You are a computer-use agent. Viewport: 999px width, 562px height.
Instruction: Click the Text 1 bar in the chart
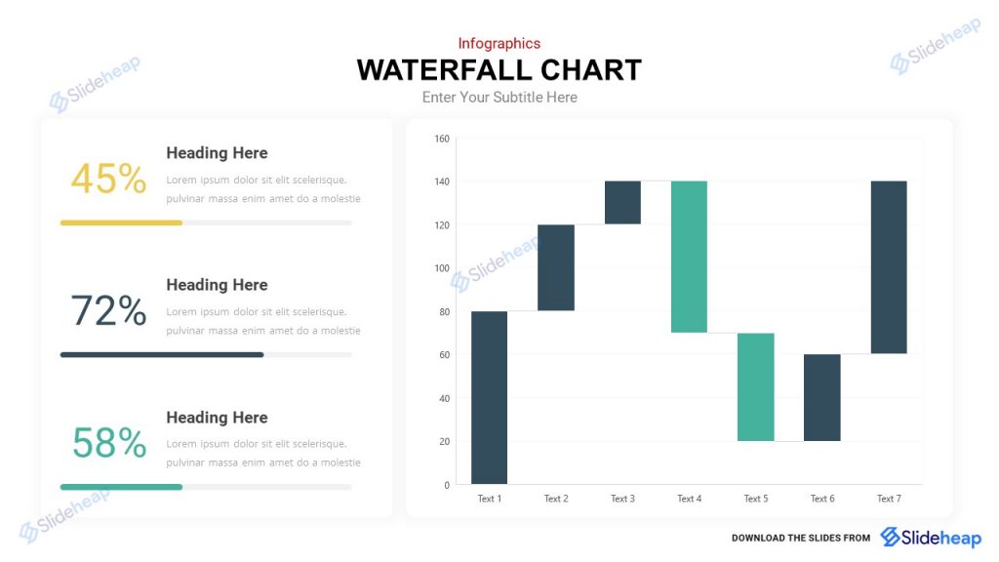click(489, 397)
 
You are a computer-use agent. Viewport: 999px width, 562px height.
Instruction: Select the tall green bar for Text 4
click(689, 257)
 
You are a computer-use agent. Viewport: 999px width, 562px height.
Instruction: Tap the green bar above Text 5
click(755, 386)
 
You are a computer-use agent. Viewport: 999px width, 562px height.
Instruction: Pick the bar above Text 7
click(889, 266)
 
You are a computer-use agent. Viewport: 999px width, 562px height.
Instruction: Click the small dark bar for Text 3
click(622, 202)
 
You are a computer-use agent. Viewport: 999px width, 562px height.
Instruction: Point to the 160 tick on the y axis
click(441, 139)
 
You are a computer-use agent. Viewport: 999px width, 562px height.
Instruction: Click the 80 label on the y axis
click(444, 311)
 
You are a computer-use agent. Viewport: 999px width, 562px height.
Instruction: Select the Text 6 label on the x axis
click(822, 499)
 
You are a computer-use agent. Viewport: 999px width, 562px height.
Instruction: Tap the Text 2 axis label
click(556, 499)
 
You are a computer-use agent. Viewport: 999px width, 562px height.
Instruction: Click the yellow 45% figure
click(108, 180)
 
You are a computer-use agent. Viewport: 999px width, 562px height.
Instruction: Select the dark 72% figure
click(108, 311)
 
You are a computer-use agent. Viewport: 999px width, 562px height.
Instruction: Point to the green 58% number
click(108, 443)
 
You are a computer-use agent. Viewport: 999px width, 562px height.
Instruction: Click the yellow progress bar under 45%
click(121, 222)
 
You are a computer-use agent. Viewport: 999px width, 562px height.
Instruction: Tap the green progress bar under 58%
click(121, 486)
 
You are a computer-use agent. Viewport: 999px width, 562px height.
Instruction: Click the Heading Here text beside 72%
click(217, 285)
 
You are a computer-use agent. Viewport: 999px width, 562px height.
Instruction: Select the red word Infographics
click(499, 43)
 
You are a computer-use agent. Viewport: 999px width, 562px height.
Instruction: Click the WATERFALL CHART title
click(499, 70)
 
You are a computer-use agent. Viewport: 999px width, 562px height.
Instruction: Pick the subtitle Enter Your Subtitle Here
click(499, 98)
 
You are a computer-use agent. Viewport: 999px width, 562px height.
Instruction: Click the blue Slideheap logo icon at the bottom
click(890, 537)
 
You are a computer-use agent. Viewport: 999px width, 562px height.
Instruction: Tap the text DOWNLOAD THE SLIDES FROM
click(800, 538)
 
